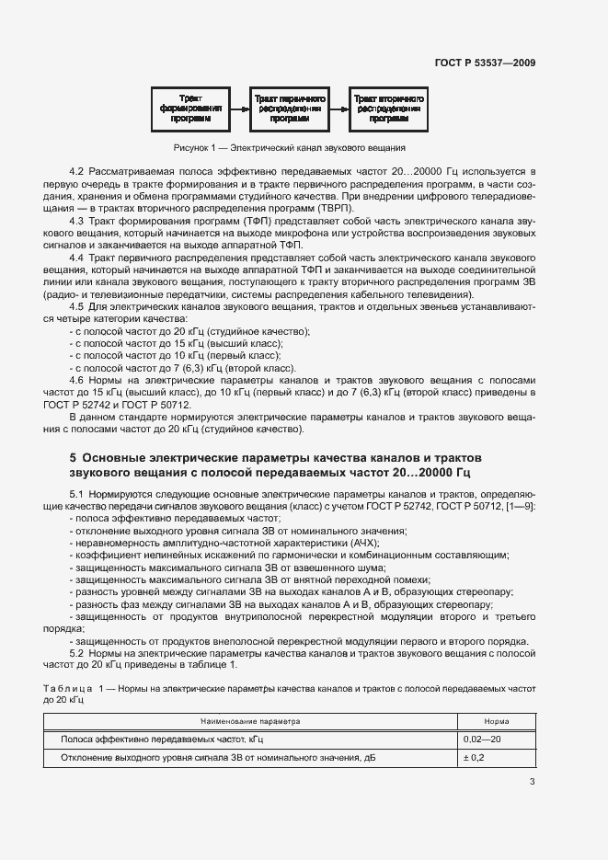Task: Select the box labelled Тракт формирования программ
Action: click(193, 108)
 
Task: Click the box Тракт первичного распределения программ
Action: click(289, 108)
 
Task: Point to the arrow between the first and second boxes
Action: click(239, 108)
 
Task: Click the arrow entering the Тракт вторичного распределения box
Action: click(338, 108)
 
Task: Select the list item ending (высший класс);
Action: click(179, 343)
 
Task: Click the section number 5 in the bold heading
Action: click(74, 457)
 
